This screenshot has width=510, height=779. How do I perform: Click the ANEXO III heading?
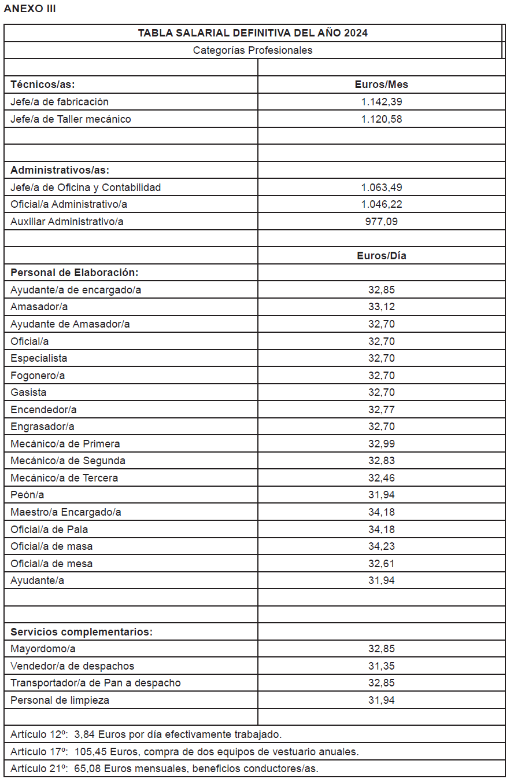pyautogui.click(x=30, y=9)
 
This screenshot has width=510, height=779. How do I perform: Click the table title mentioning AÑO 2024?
pyautogui.click(x=253, y=33)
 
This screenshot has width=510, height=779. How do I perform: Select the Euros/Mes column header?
pyautogui.click(x=381, y=84)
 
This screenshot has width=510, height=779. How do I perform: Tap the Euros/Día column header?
pyautogui.click(x=381, y=256)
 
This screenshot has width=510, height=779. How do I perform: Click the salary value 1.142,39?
pyautogui.click(x=381, y=102)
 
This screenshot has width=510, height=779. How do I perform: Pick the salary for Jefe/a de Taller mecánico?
pyautogui.click(x=381, y=119)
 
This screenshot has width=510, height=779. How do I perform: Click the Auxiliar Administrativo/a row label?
pyautogui.click(x=67, y=222)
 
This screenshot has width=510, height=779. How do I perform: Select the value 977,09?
pyautogui.click(x=381, y=222)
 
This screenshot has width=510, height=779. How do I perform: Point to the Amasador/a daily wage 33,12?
pyautogui.click(x=381, y=307)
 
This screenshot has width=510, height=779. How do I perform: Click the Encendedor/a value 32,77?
pyautogui.click(x=381, y=410)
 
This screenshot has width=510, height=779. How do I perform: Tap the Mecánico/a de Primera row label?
pyautogui.click(x=65, y=444)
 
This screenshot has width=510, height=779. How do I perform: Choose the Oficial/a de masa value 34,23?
pyautogui.click(x=381, y=546)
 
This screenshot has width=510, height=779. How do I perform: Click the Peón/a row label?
pyautogui.click(x=27, y=495)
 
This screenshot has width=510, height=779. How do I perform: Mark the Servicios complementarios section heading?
pyautogui.click(x=82, y=632)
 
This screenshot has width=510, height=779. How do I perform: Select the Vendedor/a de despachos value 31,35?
pyautogui.click(x=381, y=666)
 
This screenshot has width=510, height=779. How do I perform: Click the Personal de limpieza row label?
pyautogui.click(x=60, y=700)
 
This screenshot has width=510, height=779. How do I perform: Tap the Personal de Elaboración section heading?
pyautogui.click(x=75, y=273)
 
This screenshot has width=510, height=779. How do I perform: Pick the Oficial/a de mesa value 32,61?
pyautogui.click(x=381, y=564)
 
